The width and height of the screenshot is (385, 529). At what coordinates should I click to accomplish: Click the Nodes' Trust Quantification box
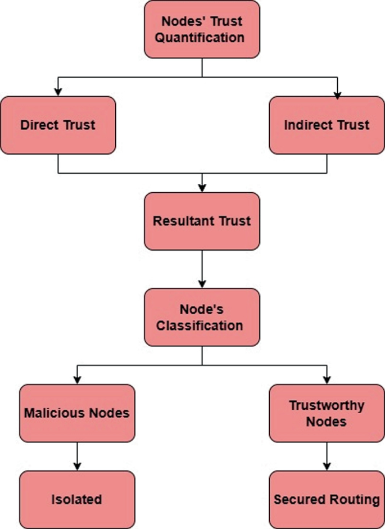[202, 29]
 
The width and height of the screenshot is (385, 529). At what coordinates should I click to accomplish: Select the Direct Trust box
[58, 125]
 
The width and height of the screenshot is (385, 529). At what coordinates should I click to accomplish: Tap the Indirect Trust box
[327, 125]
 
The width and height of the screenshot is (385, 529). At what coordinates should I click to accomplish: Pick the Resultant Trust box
[202, 221]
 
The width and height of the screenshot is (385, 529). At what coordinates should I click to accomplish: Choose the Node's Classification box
[202, 317]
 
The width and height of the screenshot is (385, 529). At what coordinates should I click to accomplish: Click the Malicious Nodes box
[77, 413]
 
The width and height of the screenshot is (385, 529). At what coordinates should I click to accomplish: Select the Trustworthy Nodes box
[327, 413]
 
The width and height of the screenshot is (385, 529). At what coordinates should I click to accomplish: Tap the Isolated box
[77, 499]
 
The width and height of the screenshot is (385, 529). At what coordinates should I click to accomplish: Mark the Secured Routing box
[327, 499]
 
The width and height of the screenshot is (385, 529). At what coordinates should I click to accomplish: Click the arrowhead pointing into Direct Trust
[58, 92]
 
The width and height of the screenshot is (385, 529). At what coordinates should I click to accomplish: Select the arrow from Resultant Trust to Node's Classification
[202, 269]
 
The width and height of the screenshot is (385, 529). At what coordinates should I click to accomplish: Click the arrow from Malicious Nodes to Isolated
[77, 456]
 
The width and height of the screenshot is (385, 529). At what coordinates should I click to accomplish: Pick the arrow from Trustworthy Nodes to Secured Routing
[327, 456]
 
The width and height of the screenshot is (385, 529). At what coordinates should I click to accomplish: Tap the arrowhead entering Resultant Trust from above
[202, 188]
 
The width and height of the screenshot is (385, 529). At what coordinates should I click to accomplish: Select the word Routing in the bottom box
[355, 499]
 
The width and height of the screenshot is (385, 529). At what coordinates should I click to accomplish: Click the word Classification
[200, 325]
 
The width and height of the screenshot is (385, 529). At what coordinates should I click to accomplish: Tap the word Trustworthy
[327, 405]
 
